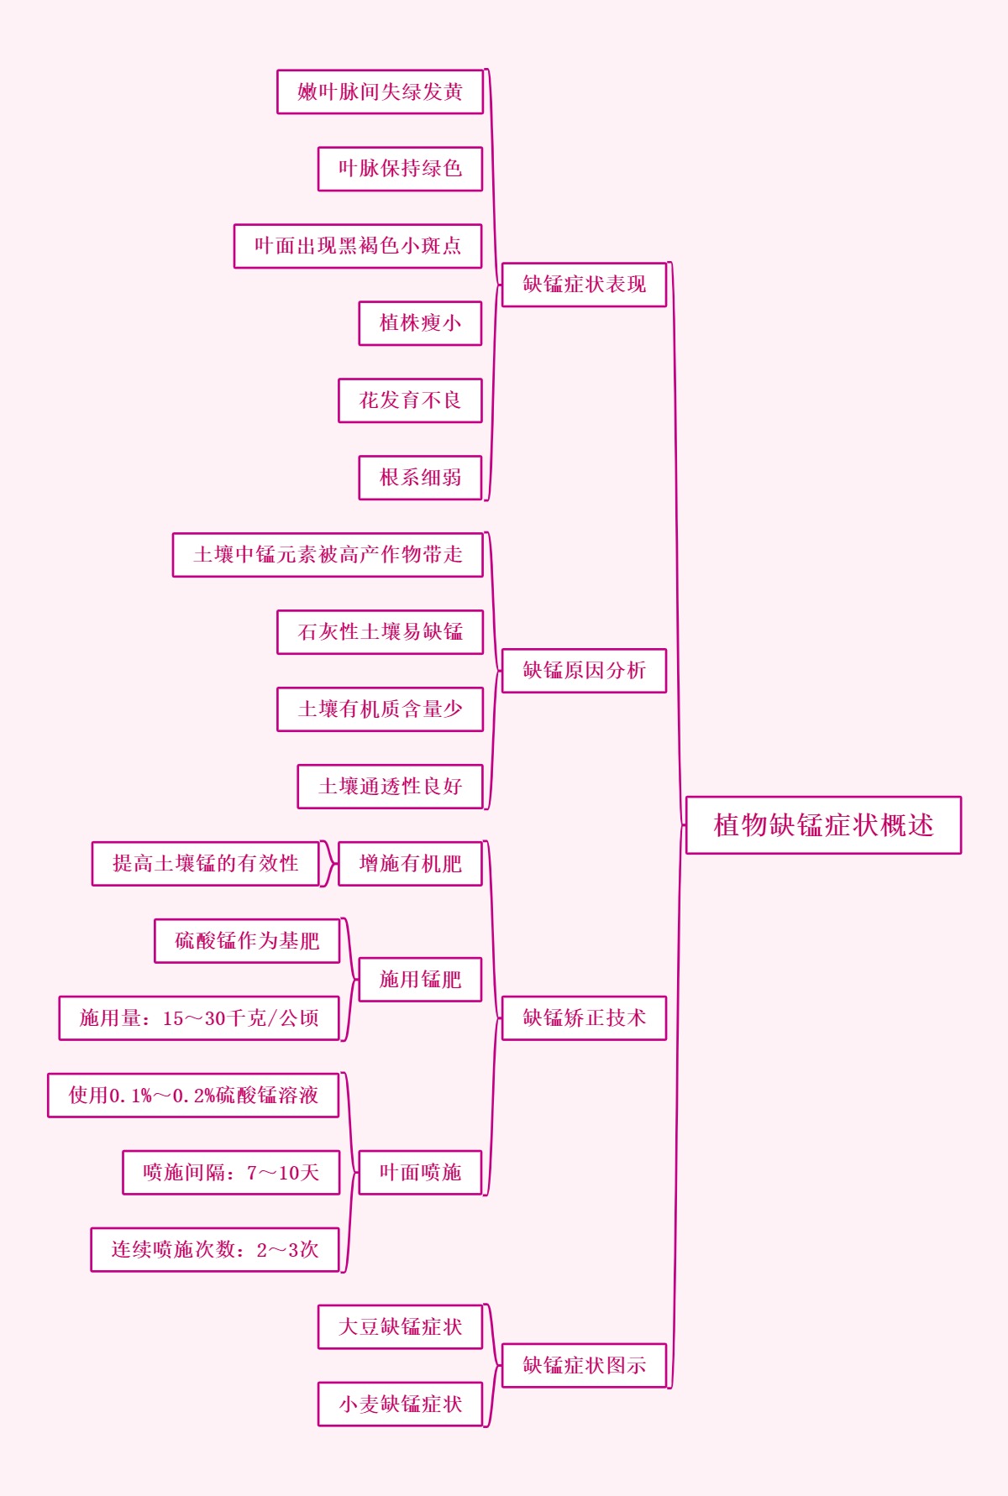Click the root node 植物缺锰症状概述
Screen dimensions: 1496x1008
[x=823, y=825]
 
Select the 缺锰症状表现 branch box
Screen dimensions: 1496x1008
[x=584, y=285]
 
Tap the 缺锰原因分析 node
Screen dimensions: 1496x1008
[x=584, y=671]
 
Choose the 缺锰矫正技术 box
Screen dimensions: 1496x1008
[x=584, y=1018]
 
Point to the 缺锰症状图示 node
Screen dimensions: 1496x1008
[x=584, y=1366]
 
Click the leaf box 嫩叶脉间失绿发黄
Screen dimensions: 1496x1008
[x=380, y=92]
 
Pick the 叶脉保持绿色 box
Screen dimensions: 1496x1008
[x=400, y=169]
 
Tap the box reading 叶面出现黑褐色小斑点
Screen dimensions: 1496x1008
[x=358, y=246]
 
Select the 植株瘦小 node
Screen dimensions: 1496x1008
[x=420, y=323]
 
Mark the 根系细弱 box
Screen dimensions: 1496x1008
[x=420, y=478]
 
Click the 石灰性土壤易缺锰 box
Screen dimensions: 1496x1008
[x=380, y=632]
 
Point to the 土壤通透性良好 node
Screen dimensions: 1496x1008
[x=390, y=787]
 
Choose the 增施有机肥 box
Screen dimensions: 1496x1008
[x=410, y=864]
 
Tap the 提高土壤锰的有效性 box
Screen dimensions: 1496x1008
[x=206, y=864]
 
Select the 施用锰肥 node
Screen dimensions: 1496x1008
[x=420, y=980]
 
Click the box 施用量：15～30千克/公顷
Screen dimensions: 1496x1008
[x=199, y=1018]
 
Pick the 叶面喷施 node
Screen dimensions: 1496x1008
[x=420, y=1173]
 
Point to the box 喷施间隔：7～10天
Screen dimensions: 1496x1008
[x=231, y=1173]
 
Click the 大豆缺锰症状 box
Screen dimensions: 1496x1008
[x=400, y=1327]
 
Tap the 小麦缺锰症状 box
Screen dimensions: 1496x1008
[x=400, y=1404]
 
